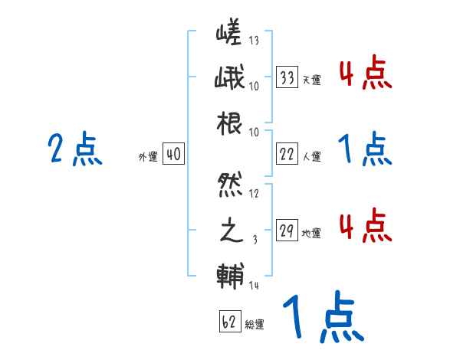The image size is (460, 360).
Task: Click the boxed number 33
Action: coord(287,77)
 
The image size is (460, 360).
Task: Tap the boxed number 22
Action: coord(287,153)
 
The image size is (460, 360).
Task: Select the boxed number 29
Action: coord(287,231)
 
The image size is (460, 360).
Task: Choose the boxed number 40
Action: coord(173,154)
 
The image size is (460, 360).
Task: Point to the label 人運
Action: coord(312,156)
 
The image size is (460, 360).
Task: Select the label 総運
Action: coord(255,325)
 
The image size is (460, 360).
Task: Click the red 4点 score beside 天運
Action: coord(365,74)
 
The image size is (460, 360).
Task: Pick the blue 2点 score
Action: coord(74,149)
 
